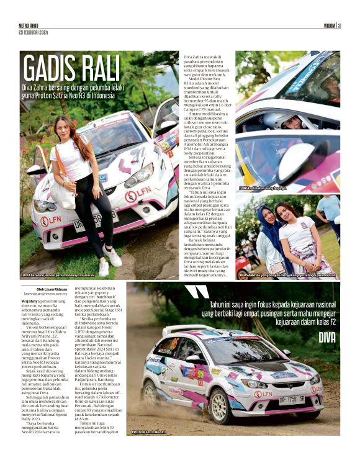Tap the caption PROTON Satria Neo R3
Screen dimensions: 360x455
point(150,431)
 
